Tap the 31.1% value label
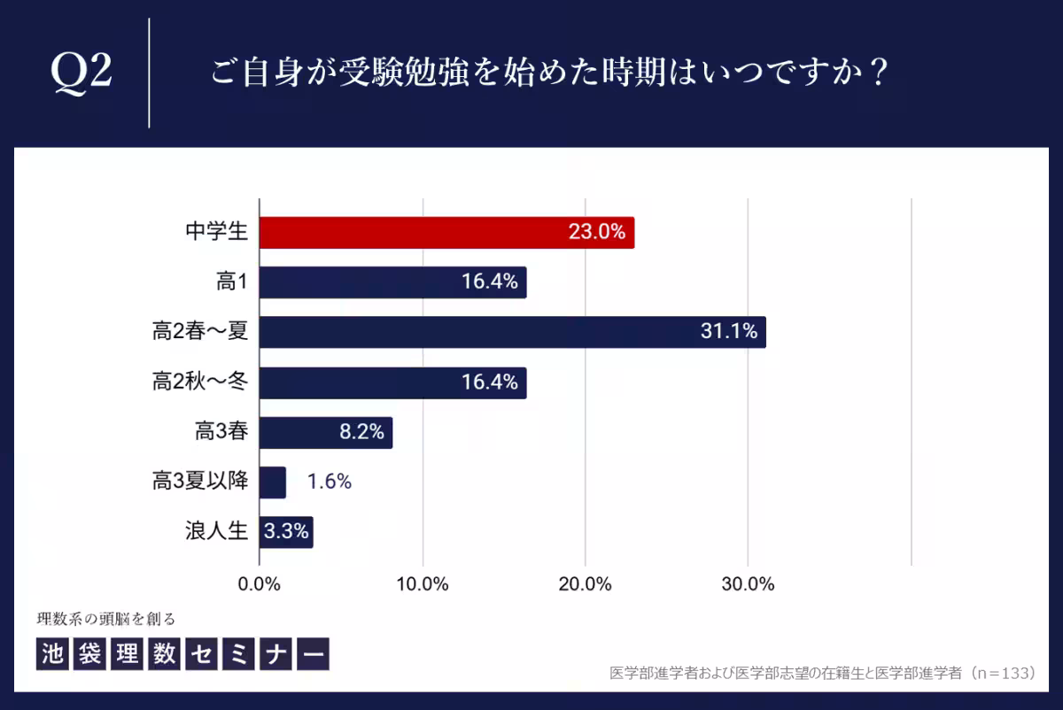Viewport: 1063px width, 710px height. pos(728,332)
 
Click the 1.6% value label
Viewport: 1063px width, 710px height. pos(330,482)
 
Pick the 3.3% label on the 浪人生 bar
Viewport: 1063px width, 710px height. pos(286,532)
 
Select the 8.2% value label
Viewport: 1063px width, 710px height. pos(361,432)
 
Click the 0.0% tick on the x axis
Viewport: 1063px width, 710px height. pos(260,584)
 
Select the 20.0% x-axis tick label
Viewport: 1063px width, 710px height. pos(586,584)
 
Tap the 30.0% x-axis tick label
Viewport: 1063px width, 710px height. pos(749,584)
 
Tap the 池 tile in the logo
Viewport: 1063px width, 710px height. pos(52,653)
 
